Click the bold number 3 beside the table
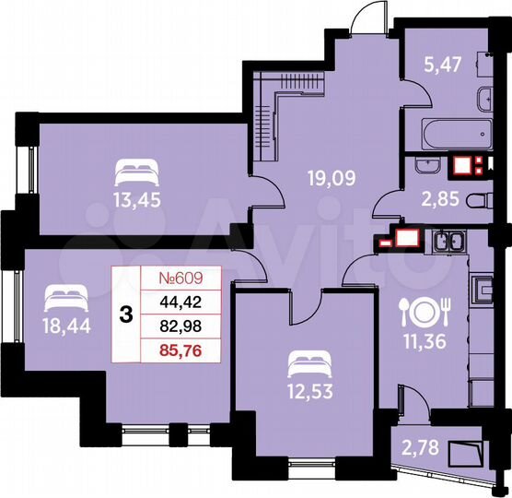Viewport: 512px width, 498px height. click(x=124, y=313)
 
